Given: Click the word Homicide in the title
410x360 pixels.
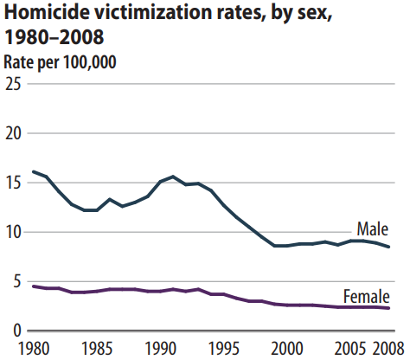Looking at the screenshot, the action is click(x=47, y=12).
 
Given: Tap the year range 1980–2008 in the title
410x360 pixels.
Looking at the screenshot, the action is click(x=54, y=37).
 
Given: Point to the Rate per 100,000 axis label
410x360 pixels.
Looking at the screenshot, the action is click(x=60, y=62).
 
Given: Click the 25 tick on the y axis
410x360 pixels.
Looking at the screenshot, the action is click(x=14, y=84).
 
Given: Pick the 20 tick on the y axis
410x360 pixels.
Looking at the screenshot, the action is click(x=14, y=133).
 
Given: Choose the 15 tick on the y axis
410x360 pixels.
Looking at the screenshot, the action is click(x=14, y=183).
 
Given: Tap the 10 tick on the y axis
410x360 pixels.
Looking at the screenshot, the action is click(x=14, y=233).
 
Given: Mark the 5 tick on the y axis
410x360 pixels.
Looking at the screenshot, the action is click(x=17, y=282).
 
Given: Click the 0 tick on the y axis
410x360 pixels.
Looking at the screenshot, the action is click(x=17, y=331).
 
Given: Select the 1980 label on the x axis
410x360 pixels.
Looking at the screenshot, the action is click(x=34, y=348).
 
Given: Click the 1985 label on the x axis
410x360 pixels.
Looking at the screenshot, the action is click(x=97, y=348).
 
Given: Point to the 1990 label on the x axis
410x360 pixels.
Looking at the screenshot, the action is click(x=160, y=348).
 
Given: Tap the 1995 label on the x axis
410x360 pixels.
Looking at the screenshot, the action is click(x=223, y=348).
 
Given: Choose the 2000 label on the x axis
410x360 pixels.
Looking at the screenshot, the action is click(x=287, y=348).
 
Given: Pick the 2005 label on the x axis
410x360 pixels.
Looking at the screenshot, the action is click(x=350, y=348).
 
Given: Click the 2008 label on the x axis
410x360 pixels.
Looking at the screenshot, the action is click(x=388, y=348).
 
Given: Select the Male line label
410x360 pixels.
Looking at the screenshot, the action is click(x=373, y=229).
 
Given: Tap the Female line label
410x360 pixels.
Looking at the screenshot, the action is click(x=367, y=296).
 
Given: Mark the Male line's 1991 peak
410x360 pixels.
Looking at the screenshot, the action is click(x=173, y=177).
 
